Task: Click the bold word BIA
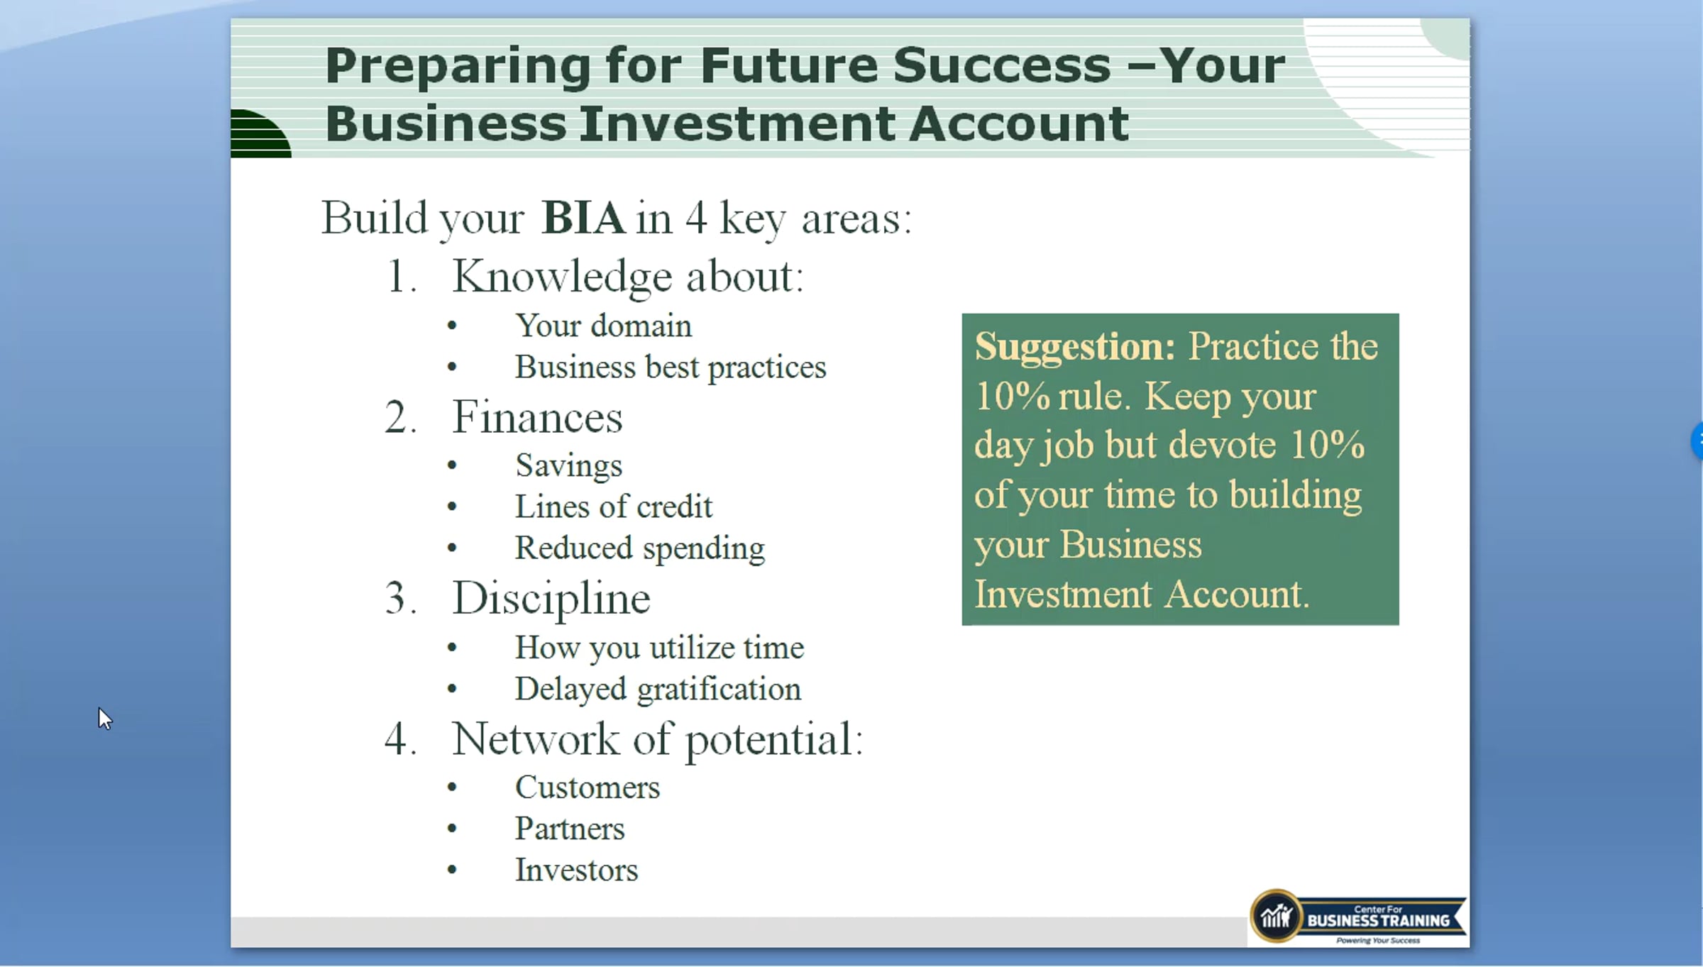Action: pyautogui.click(x=583, y=218)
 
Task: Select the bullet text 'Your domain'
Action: pyautogui.click(x=603, y=326)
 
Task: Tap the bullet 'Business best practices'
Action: pyautogui.click(x=671, y=368)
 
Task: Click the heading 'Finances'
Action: pyautogui.click(x=538, y=416)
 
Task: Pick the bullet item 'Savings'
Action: pyautogui.click(x=569, y=466)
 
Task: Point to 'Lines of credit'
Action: pyautogui.click(x=614, y=507)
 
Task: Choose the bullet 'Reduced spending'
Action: pyautogui.click(x=640, y=548)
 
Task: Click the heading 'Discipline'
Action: pyautogui.click(x=551, y=598)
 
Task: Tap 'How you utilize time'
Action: pyautogui.click(x=659, y=648)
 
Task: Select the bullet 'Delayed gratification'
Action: pyautogui.click(x=658, y=689)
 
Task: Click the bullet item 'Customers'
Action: pyautogui.click(x=588, y=788)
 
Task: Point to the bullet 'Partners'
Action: pyautogui.click(x=570, y=829)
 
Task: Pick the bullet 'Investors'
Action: pyautogui.click(x=576, y=870)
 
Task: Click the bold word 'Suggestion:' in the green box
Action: pyautogui.click(x=1074, y=348)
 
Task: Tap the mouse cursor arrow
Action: pyautogui.click(x=105, y=719)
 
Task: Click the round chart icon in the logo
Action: pyautogui.click(x=1276, y=916)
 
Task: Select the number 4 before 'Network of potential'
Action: pyautogui.click(x=396, y=739)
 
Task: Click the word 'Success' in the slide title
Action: pyautogui.click(x=1002, y=65)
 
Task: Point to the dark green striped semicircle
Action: pyautogui.click(x=260, y=133)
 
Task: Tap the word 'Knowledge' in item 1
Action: pyautogui.click(x=563, y=277)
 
